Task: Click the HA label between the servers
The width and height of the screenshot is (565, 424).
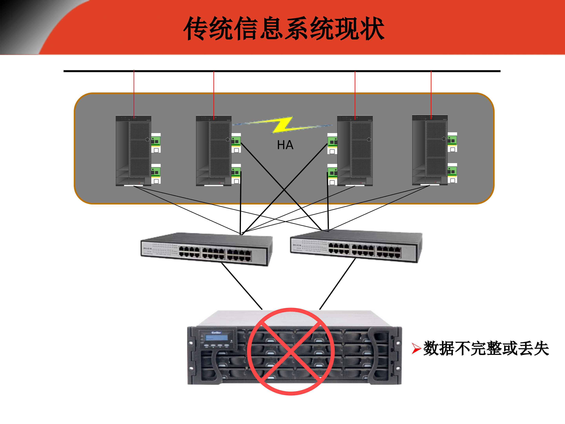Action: coord(285,145)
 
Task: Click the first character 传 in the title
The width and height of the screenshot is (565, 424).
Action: coord(195,28)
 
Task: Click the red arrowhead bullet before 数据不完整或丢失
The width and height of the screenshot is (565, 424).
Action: coord(416,348)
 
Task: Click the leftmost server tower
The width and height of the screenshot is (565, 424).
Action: coord(133,151)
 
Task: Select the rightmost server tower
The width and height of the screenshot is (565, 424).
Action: coord(430,150)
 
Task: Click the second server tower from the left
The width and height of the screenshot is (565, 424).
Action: coord(213,151)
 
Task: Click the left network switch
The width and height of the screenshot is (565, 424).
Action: coord(206,249)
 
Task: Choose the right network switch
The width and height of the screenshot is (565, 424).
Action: coord(356,246)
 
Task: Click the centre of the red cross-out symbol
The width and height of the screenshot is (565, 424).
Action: coord(291,351)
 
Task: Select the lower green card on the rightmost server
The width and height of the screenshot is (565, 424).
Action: coord(452,171)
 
